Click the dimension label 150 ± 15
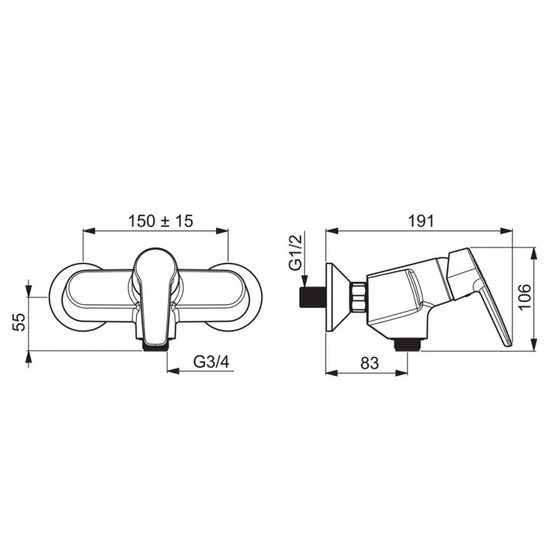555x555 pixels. [161, 221]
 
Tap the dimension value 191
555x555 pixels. [421, 221]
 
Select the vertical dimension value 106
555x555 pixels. [525, 297]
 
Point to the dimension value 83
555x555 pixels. [369, 363]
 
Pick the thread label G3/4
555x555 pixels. [212, 362]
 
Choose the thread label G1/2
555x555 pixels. [296, 252]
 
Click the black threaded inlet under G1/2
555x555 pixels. [312, 297]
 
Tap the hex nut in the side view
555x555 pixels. [358, 297]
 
